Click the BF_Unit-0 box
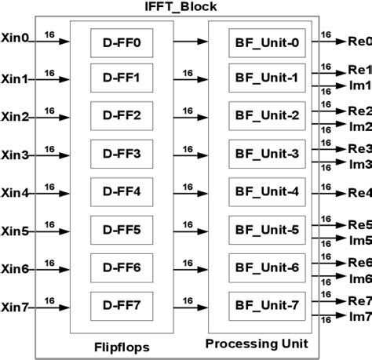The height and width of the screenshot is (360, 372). tap(267, 40)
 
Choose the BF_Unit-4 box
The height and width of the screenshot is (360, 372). tap(267, 192)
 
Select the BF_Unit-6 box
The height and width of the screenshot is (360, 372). tap(267, 267)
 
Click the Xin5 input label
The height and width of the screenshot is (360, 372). tap(15, 231)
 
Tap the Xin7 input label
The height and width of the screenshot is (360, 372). tap(15, 307)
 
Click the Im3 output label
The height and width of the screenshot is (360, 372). tap(359, 164)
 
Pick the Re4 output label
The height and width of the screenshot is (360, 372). tap(358, 192)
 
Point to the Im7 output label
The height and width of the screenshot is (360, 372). tap(359, 316)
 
